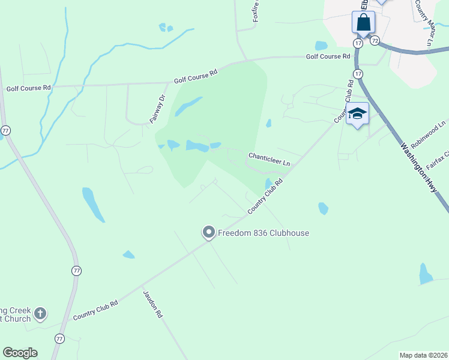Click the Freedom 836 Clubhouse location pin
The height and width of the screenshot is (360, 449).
point(209,232)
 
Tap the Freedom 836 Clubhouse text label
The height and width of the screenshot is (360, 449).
point(264,233)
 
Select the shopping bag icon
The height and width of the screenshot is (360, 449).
point(363,23)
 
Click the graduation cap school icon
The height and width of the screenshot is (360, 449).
point(357,113)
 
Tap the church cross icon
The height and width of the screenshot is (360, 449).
point(40,313)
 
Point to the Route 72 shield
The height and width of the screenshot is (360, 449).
point(375,41)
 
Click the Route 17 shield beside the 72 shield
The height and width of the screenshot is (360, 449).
point(358,43)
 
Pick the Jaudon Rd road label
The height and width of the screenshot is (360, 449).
point(152,304)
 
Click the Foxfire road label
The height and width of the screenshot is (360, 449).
point(257,11)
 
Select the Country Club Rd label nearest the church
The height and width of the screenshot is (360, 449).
point(95,310)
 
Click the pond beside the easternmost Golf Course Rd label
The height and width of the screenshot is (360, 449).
point(321,46)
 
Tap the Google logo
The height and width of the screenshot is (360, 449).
point(20,353)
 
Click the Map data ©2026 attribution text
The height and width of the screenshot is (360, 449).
point(423,355)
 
